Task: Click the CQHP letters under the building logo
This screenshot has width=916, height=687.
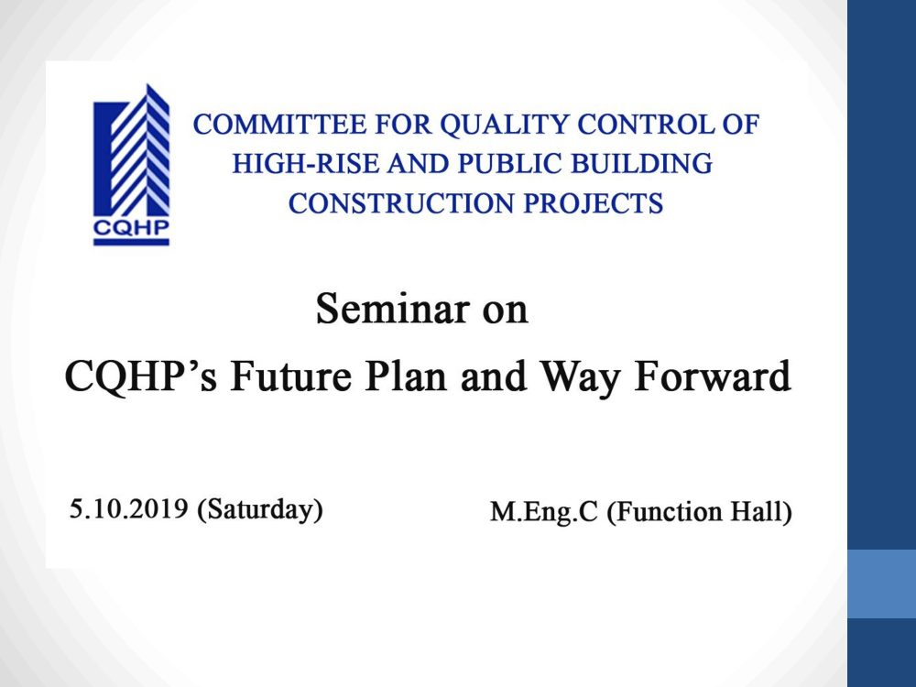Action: (x=131, y=227)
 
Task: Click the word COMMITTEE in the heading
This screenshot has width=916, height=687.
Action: (x=279, y=125)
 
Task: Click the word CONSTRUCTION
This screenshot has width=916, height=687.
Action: (x=401, y=203)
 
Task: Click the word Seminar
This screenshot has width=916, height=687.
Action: (x=393, y=309)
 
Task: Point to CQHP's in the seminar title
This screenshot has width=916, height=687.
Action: (x=141, y=376)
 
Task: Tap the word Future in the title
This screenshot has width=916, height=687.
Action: (x=291, y=376)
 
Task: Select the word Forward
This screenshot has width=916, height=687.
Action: (x=713, y=376)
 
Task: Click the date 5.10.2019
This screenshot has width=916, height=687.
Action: (x=128, y=508)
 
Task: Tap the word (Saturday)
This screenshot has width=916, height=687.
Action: (x=260, y=509)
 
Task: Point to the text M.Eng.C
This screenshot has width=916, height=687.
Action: (x=544, y=512)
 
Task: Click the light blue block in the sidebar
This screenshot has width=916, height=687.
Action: (x=881, y=583)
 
